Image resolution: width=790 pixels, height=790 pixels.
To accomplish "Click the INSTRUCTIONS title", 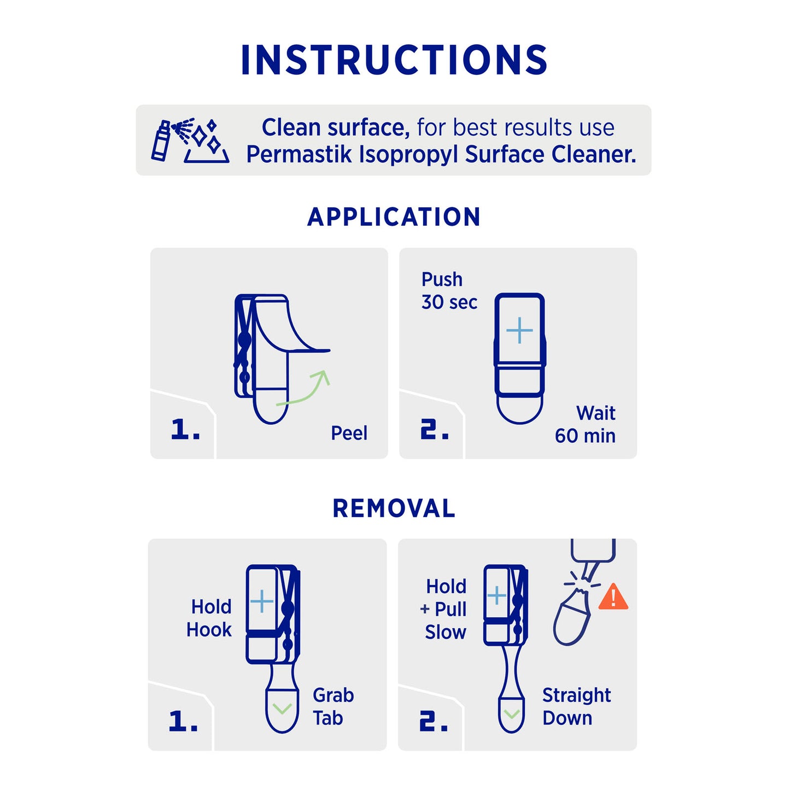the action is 394,60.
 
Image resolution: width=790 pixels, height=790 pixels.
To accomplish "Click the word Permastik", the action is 300,155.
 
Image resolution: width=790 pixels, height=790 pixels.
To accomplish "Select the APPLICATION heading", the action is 394,217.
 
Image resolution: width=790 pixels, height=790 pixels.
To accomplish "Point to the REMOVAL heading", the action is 394,508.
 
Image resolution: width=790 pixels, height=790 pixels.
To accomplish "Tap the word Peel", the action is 349,433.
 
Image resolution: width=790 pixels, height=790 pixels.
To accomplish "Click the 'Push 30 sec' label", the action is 449,291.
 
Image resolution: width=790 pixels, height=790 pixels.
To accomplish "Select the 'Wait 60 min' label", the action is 585,424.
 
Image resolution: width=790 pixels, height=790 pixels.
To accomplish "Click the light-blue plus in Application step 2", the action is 519,330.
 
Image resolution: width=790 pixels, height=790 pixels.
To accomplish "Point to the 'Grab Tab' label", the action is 333,706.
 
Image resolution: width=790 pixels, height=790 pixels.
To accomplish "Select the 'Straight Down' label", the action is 576,706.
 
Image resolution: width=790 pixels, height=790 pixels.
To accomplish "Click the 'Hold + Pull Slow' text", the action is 443,609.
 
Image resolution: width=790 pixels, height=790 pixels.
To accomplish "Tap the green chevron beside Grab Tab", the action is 282,708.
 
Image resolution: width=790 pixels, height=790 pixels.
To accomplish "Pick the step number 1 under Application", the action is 185,430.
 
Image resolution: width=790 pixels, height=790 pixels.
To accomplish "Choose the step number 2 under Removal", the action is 434,722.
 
